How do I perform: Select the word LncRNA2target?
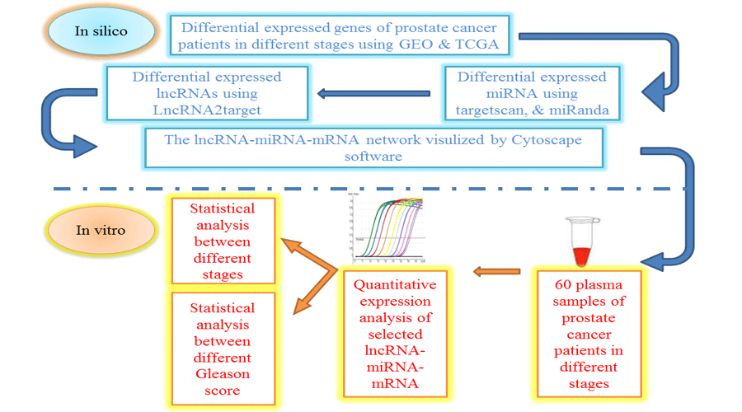click(206, 111)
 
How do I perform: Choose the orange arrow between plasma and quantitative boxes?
click(496, 269)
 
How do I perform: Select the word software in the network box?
click(374, 157)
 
